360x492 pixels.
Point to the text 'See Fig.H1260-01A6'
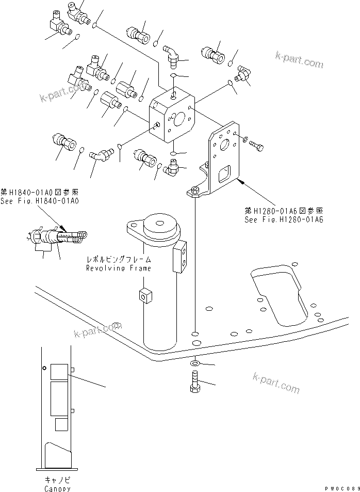[284, 219]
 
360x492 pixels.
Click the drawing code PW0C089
[340, 488]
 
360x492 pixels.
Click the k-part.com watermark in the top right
[299, 60]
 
